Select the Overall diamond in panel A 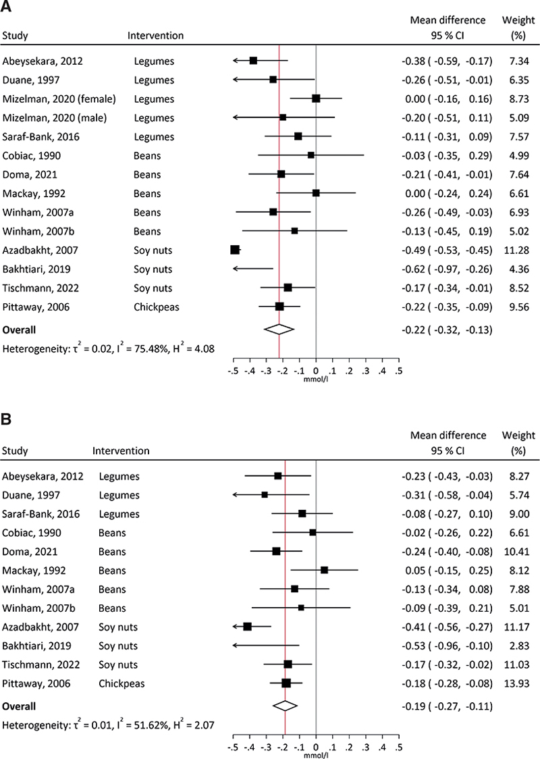pyautogui.click(x=279, y=330)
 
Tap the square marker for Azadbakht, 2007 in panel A pyautogui.click(x=235, y=250)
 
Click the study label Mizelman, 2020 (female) pyautogui.click(x=59, y=99)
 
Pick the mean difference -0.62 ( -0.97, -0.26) pyautogui.click(x=446, y=269)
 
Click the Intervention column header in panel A pyautogui.click(x=155, y=34)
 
